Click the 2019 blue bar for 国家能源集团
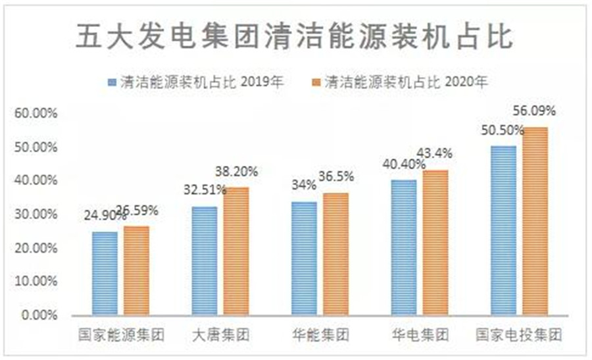click(x=105, y=272)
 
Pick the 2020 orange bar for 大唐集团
click(x=236, y=250)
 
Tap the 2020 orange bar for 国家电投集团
click(x=535, y=220)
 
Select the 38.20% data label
click(x=237, y=172)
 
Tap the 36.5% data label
click(x=337, y=176)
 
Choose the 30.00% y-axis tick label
click(x=36, y=214)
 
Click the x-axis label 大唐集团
click(x=220, y=335)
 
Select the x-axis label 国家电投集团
click(x=520, y=335)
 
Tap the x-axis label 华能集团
click(x=320, y=335)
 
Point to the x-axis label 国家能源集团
click(x=120, y=335)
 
